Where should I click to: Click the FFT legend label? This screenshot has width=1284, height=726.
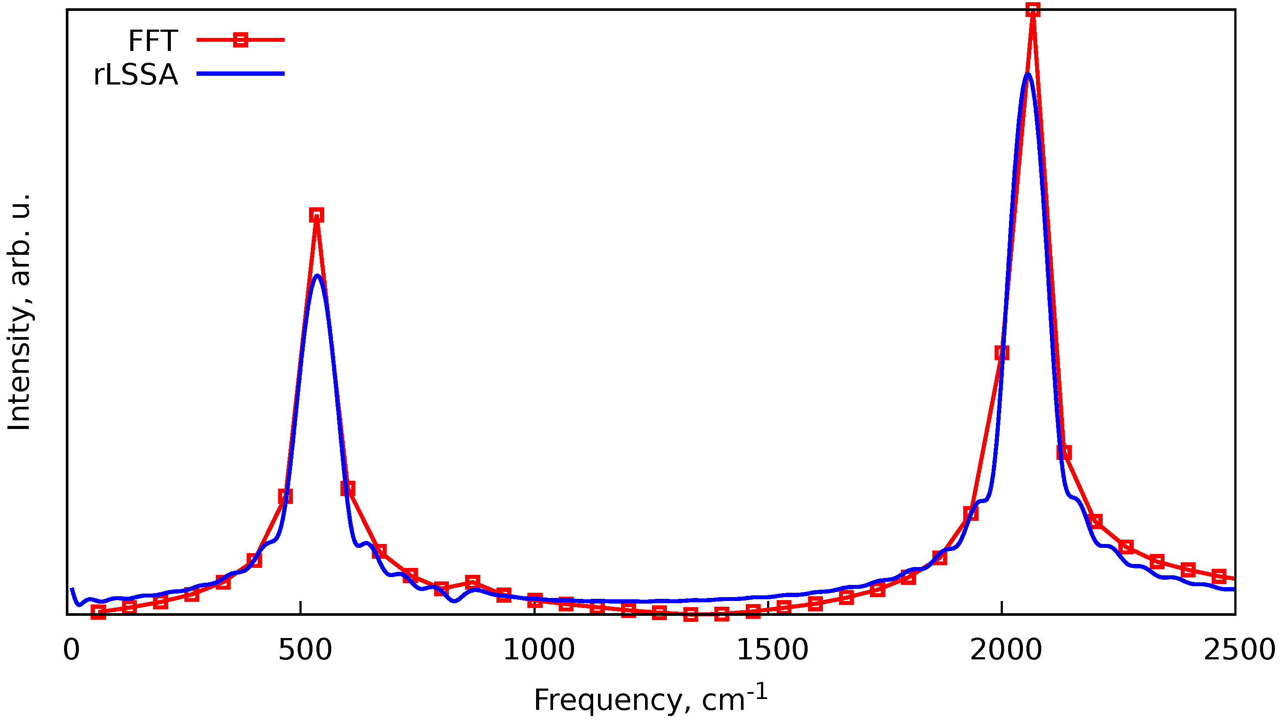pos(152,41)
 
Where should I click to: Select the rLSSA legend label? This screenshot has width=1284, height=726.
pos(135,75)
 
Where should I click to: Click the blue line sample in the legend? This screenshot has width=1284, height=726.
pos(241,74)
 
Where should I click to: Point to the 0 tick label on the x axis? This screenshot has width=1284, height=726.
pos(71,651)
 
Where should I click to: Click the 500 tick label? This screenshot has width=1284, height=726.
pos(305,651)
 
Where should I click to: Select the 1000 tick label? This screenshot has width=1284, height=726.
pos(538,651)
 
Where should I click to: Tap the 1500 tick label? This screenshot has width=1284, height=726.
pos(772,651)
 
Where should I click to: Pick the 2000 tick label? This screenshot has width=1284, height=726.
pos(1005,651)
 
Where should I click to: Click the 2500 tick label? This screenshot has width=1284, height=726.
pos(1239,651)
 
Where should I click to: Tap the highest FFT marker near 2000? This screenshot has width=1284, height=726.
pos(1033,10)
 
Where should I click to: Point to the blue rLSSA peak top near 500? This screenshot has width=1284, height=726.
pos(317,276)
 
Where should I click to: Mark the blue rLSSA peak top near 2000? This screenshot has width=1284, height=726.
pos(1027,74)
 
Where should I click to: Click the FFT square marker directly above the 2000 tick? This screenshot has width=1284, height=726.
pos(1002,352)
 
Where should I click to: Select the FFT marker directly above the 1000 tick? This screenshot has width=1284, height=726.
pos(535,600)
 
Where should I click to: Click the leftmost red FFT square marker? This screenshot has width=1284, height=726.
pos(99,612)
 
